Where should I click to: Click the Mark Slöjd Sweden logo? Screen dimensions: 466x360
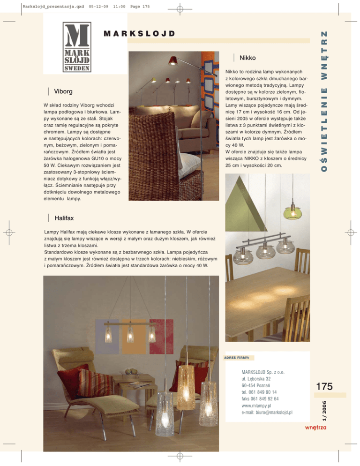[77, 47]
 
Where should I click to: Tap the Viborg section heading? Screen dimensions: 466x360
[63, 91]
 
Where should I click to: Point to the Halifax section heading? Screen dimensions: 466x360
[64, 218]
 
